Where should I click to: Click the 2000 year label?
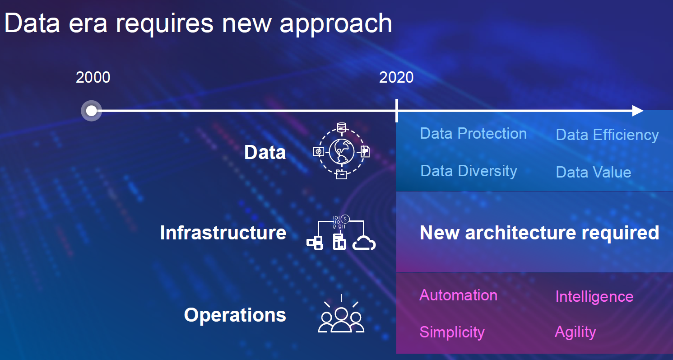pos(93,77)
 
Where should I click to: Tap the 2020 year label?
pos(396,77)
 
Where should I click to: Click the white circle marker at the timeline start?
pos(91,111)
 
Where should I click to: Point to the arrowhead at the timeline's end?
pos(637,111)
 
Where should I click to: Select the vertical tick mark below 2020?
pos(397,111)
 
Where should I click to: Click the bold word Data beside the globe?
pos(265,152)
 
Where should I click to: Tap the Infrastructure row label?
pos(223,233)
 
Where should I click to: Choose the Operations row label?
pos(235,315)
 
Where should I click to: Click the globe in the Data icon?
pos(342,152)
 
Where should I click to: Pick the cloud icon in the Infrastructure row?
pos(364,243)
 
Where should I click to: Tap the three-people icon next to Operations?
pos(341,320)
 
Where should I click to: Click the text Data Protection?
pos(473,134)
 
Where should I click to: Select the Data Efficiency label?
pos(607,135)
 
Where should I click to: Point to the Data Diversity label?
pos(469,171)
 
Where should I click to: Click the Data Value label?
pos(594,173)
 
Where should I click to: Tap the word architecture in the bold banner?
pos(521,233)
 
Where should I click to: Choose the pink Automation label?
pos(459,295)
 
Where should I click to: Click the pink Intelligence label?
pos(594,297)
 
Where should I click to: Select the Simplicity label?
pos(452,332)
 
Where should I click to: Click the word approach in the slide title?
pos(336,24)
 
